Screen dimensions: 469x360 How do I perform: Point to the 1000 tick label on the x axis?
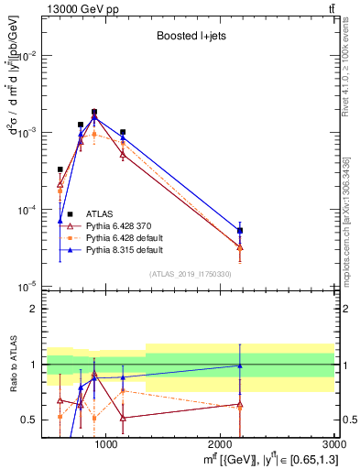coord(106,445)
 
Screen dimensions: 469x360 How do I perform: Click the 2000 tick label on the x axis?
coord(222,445)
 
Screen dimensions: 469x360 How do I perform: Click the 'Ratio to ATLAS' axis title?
coord(12,365)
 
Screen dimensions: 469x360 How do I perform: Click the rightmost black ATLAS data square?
coord(240,231)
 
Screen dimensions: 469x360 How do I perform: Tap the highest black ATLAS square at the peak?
coord(94,112)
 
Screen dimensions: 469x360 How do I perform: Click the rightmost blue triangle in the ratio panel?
coord(240,365)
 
